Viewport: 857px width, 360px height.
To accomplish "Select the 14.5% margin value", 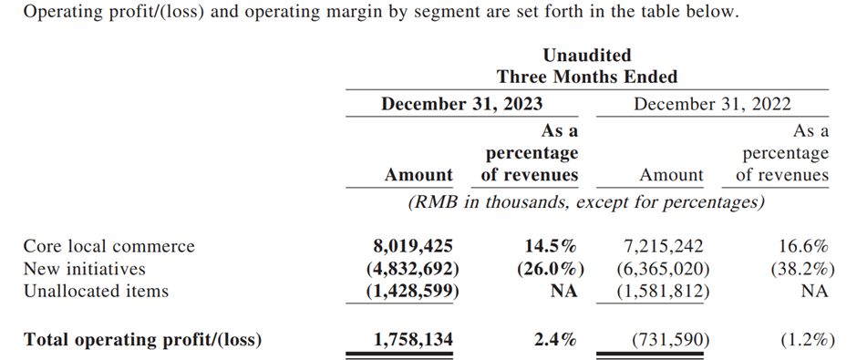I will click(x=549, y=246).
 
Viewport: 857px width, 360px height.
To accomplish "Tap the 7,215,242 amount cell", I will click(x=663, y=246).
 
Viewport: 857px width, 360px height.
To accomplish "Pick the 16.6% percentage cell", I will click(x=803, y=246).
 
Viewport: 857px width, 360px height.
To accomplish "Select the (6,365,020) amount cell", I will click(x=660, y=269).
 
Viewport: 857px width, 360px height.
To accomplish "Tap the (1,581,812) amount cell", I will click(x=660, y=292).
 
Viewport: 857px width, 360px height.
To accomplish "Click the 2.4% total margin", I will click(x=555, y=340).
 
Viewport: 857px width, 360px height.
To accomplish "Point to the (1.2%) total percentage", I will click(x=806, y=340).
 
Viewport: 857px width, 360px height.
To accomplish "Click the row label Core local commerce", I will click(x=109, y=246).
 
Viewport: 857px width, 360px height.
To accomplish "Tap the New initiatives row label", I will click(x=84, y=269).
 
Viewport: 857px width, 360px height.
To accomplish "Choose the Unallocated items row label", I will click(x=96, y=292).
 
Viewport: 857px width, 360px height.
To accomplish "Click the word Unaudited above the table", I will click(x=587, y=56).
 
